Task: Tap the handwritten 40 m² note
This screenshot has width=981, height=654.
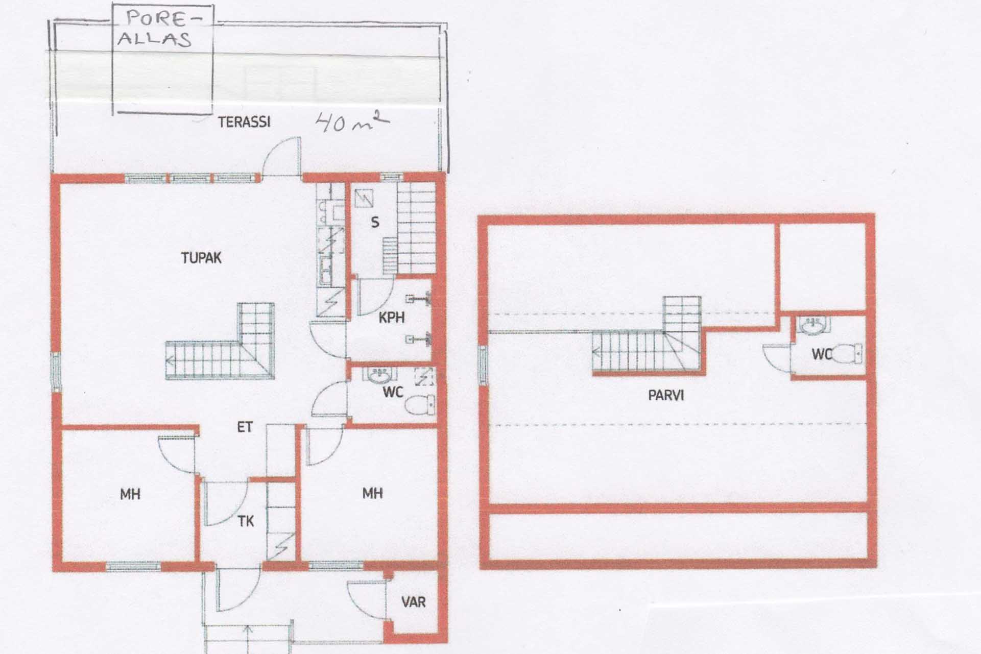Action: (353, 122)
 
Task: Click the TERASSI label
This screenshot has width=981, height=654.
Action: (244, 122)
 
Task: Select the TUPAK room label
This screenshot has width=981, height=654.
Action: (201, 258)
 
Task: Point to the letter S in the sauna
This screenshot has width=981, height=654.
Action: (375, 222)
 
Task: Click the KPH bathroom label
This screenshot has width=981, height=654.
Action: (392, 318)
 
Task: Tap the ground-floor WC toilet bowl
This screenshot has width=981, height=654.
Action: (420, 405)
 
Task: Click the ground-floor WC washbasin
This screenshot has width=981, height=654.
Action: (379, 375)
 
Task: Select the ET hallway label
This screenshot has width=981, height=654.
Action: (245, 427)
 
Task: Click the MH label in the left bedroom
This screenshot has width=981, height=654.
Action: (130, 494)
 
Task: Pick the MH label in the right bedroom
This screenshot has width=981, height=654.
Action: (373, 493)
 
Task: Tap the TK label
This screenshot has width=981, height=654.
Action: (246, 521)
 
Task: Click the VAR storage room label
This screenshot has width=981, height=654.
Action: (413, 602)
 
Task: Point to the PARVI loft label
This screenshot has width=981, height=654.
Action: (666, 395)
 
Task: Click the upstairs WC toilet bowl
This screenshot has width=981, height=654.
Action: (847, 353)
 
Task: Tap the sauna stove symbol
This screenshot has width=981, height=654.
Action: (364, 198)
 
